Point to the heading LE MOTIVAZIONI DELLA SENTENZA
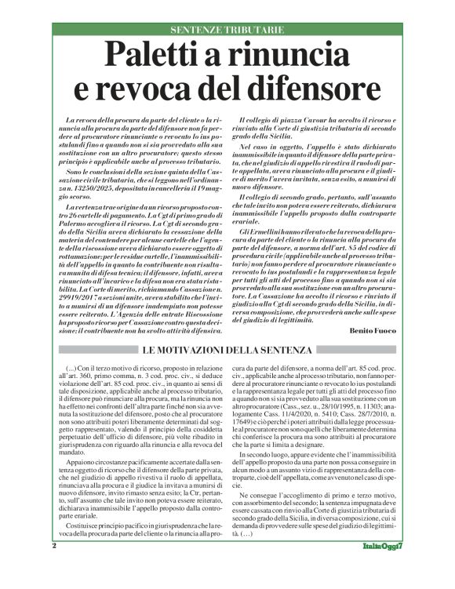click(227, 349)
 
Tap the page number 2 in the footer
click(54, 566)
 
